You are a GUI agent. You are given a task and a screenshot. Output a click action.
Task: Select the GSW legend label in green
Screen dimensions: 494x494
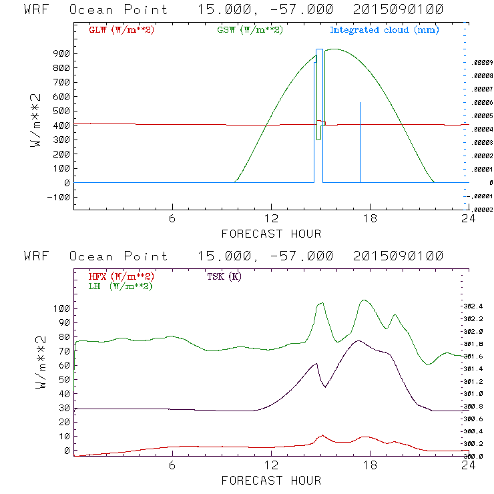click(249, 30)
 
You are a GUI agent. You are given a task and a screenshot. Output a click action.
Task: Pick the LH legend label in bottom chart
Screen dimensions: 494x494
click(120, 286)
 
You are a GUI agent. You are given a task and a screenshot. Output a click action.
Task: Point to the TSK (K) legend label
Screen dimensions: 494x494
click(224, 276)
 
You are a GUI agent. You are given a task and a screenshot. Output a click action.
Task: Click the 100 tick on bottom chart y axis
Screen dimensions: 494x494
click(58, 308)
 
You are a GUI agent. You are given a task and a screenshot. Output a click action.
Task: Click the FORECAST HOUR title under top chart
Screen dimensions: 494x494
click(271, 234)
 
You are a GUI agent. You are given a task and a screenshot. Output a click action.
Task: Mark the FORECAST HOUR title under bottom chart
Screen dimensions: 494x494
click(271, 480)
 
